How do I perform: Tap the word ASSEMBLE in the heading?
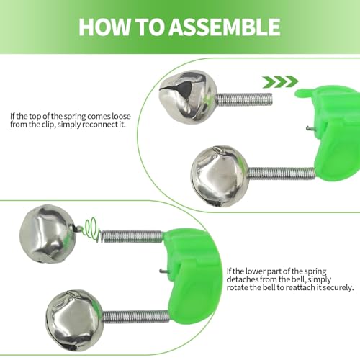point(224,27)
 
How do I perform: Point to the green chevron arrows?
point(280,82)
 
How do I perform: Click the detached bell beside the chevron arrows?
point(188,97)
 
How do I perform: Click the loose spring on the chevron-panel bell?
point(244,99)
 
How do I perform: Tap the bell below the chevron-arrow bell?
point(220,176)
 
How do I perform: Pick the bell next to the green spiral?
point(48,233)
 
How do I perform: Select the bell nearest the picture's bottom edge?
point(74,320)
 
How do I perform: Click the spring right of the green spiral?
point(132,237)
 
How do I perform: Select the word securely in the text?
point(338,287)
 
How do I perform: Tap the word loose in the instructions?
point(121,117)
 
